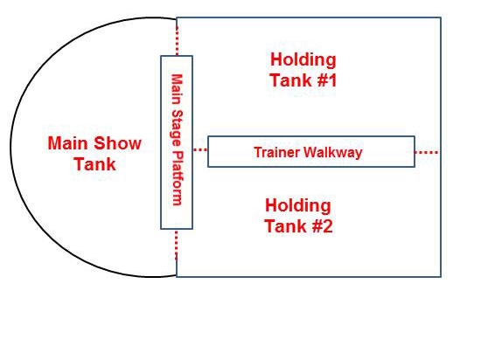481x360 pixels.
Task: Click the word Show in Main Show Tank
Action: tap(118, 143)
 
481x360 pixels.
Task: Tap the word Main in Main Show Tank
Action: tap(68, 143)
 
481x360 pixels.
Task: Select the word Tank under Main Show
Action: tap(95, 164)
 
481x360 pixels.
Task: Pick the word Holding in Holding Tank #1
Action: tap(303, 59)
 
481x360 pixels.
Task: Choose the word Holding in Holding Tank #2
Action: tap(298, 205)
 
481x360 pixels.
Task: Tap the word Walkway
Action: tap(333, 153)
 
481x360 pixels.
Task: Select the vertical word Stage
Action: tap(177, 128)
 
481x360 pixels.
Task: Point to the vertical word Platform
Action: tap(177, 178)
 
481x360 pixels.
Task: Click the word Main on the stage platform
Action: tap(177, 90)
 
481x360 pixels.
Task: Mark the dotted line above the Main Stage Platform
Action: tap(177, 41)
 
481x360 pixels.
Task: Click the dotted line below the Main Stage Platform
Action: tap(177, 246)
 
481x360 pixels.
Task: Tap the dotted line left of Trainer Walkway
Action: tap(200, 149)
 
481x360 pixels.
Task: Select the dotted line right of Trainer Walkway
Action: tap(427, 152)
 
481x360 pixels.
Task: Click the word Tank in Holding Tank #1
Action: tap(287, 80)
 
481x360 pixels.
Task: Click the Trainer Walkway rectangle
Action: tap(311, 136)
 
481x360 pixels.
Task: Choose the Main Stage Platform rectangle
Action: tap(162, 142)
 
